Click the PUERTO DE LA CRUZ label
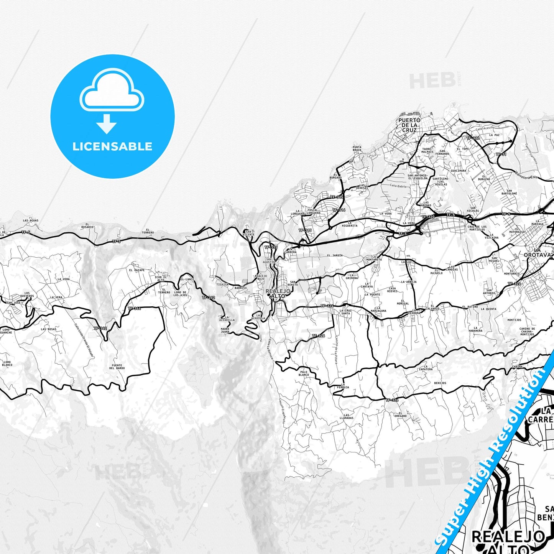[409, 125]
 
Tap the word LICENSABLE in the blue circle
[112, 146]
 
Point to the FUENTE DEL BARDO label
[117, 367]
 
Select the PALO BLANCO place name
[304, 373]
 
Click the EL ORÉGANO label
[400, 414]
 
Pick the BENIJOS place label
[440, 383]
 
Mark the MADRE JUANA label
[225, 330]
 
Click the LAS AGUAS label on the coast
[31, 221]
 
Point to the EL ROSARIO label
[87, 225]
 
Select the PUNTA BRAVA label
[357, 148]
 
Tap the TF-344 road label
[134, 308]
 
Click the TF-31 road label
[501, 154]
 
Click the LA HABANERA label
[475, 329]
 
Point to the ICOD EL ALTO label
[161, 278]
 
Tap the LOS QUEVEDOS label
[26, 294]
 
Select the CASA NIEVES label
[392, 289]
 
